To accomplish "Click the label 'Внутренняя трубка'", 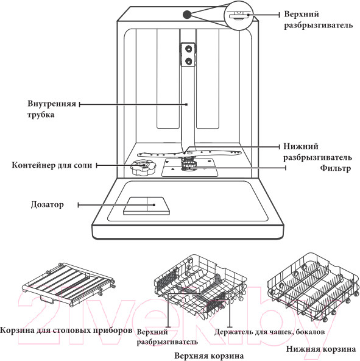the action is pos(52,109).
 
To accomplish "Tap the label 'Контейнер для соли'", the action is pos(52,165).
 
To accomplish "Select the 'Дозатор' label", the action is pos(47,204).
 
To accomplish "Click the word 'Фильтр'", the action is pos(335,168).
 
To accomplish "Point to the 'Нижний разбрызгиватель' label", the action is pos(317,152).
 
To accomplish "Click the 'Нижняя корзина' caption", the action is pos(320,349).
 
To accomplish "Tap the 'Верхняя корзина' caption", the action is pos(209,356).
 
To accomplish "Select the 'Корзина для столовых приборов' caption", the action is pos(66,331).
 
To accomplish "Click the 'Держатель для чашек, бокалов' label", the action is pos(269,332).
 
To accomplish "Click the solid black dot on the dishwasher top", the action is pos(187,15).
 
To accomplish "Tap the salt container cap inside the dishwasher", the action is pos(143,167).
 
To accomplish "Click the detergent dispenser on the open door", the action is pos(147,206).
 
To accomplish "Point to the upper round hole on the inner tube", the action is pos(188,49).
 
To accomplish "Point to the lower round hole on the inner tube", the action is pos(188,61).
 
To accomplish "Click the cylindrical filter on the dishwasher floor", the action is pos(189,165).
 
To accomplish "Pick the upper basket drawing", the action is pos(200,287).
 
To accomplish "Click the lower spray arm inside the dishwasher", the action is pos(189,153).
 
